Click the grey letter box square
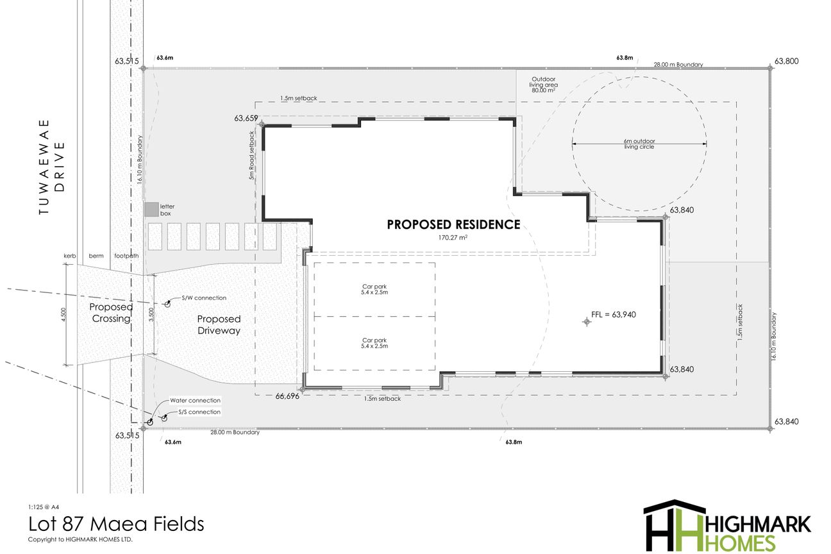pyautogui.click(x=151, y=209)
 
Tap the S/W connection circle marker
pyautogui.click(x=167, y=305)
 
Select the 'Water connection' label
pyautogui.click(x=195, y=400)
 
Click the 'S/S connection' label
pyautogui.click(x=199, y=412)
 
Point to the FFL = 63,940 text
pyautogui.click(x=613, y=315)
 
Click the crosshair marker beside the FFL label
pyautogui.click(x=587, y=322)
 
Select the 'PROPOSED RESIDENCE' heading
pyautogui.click(x=453, y=224)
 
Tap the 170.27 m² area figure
pyautogui.click(x=453, y=237)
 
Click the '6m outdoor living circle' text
pyautogui.click(x=639, y=144)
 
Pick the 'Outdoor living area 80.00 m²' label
pyautogui.click(x=544, y=85)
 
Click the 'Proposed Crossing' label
pyautogui.click(x=111, y=313)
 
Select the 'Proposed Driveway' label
pyautogui.click(x=219, y=324)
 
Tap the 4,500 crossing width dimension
pyautogui.click(x=63, y=315)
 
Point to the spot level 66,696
pyautogui.click(x=287, y=396)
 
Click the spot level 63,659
pyautogui.click(x=246, y=118)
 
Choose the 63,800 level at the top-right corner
pyautogui.click(x=787, y=61)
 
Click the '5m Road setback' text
pyautogui.click(x=252, y=155)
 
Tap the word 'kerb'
pyautogui.click(x=70, y=256)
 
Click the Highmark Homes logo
pyautogui.click(x=727, y=525)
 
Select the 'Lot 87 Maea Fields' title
pyautogui.click(x=116, y=524)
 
